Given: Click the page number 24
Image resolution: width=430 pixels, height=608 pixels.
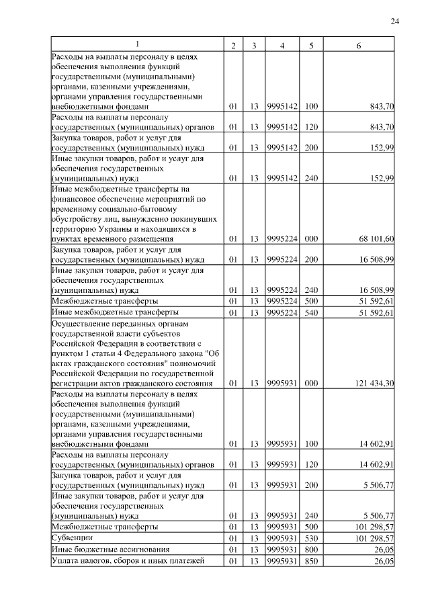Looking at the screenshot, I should (x=395, y=22).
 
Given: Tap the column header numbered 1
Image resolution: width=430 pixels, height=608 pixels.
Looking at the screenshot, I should (x=137, y=44).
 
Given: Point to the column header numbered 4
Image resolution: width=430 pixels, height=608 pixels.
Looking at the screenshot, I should (x=282, y=45).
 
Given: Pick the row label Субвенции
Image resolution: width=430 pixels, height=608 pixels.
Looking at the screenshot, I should (x=72, y=538).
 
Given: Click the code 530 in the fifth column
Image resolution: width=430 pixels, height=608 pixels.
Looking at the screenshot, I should (x=311, y=538).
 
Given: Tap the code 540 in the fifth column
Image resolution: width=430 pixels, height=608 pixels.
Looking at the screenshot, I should (x=311, y=312).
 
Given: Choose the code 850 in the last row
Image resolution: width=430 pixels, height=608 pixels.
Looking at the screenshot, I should (x=311, y=561).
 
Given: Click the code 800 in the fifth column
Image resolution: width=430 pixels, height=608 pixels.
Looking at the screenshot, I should (x=311, y=550).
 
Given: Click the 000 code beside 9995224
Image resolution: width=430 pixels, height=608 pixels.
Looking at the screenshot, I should (x=311, y=238).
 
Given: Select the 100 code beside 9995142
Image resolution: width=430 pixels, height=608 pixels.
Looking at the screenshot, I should (x=311, y=106).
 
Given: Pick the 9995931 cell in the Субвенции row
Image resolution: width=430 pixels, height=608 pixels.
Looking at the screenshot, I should (x=282, y=538).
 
